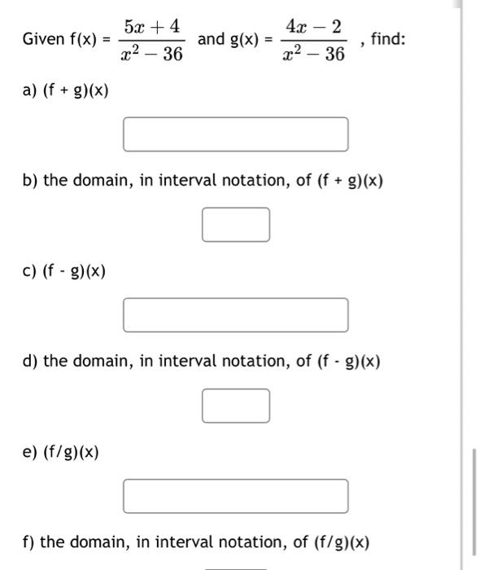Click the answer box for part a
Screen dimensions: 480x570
click(x=236, y=134)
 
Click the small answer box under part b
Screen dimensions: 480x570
click(x=236, y=225)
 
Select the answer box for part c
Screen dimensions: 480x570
click(x=236, y=315)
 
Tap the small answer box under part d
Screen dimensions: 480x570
click(x=236, y=406)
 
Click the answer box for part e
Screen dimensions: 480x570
click(x=236, y=496)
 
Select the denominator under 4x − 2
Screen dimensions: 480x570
click(x=316, y=55)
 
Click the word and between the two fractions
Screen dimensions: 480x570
click(x=211, y=39)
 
